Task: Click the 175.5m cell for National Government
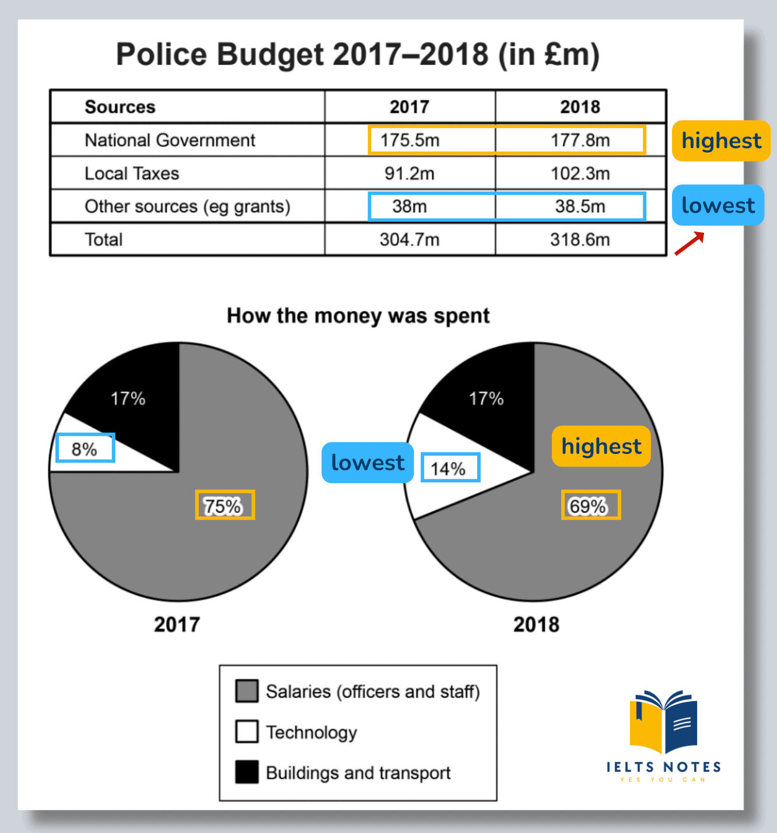click(x=409, y=141)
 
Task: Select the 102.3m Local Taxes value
click(x=580, y=173)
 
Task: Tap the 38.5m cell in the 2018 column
click(x=580, y=206)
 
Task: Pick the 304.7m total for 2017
click(x=409, y=240)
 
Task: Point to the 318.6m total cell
click(x=580, y=240)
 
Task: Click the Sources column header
click(x=120, y=107)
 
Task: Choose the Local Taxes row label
click(x=132, y=173)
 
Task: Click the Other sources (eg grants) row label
click(x=187, y=206)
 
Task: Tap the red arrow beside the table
click(x=689, y=244)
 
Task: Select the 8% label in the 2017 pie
click(x=85, y=449)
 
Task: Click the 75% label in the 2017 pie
click(x=224, y=505)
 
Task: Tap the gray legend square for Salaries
click(x=247, y=691)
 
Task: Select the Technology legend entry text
click(x=311, y=732)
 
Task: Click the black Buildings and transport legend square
click(x=247, y=772)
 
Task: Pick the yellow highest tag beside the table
click(x=721, y=141)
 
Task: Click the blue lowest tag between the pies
click(x=367, y=463)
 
